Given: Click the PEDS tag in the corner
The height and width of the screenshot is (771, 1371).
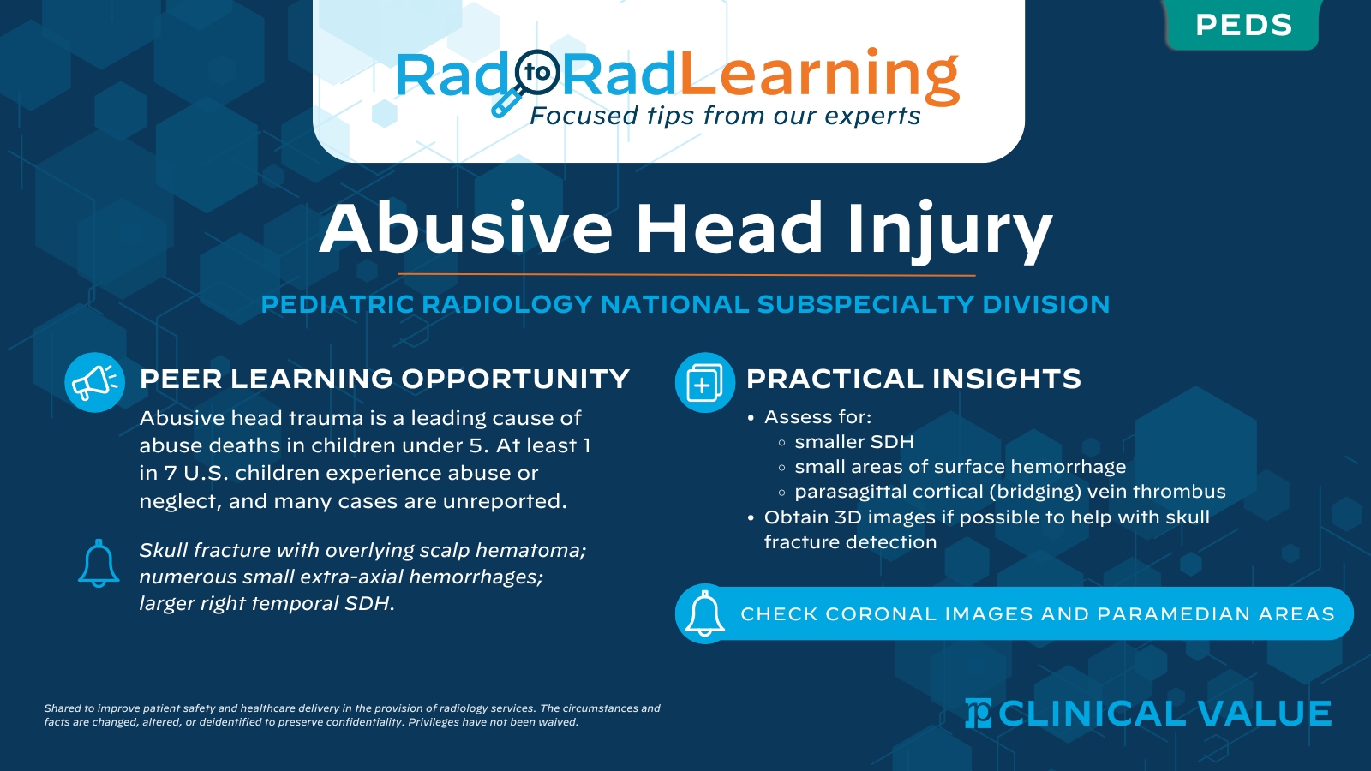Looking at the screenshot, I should (x=1242, y=25).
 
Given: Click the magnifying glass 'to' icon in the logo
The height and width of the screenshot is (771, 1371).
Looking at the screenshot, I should (x=537, y=73).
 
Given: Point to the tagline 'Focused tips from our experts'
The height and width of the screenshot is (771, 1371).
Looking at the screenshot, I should (x=725, y=116).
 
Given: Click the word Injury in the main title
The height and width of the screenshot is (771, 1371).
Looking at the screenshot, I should (x=949, y=229).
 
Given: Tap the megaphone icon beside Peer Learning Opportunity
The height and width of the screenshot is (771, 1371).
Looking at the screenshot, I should (x=94, y=382).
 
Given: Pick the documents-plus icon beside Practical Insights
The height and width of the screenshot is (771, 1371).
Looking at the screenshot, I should (x=704, y=382).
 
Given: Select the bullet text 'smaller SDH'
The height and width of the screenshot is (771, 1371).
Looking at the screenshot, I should (x=853, y=442).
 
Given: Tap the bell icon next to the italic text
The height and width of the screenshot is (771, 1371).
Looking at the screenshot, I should (x=99, y=564).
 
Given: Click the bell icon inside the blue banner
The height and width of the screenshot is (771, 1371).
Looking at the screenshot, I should (x=704, y=614).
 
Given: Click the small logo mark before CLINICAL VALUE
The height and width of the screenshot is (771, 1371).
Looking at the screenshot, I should (x=978, y=714).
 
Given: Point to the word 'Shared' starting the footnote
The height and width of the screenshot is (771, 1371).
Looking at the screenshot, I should (x=63, y=708).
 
